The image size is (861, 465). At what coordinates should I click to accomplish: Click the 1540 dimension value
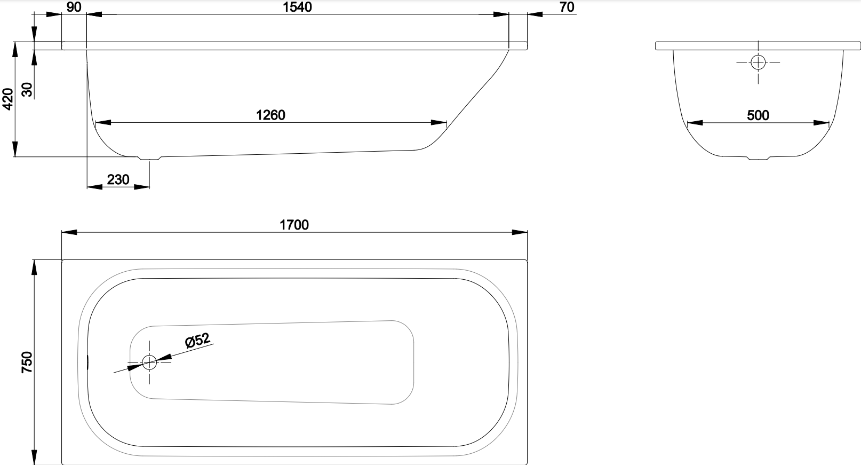[297, 7]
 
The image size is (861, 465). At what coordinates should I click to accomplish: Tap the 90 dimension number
[74, 7]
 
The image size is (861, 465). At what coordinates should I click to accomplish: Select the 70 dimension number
[567, 7]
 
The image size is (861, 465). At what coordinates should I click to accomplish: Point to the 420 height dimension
[7, 99]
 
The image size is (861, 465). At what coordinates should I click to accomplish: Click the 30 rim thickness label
[27, 90]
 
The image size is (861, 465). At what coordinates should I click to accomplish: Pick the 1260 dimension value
[270, 115]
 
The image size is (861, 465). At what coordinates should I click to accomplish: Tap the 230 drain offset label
[118, 179]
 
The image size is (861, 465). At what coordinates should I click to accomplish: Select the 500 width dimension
[758, 115]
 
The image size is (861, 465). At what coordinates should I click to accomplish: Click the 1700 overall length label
[294, 225]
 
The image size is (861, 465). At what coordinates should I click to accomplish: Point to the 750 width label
[27, 362]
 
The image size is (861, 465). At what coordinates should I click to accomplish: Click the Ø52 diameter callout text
[197, 340]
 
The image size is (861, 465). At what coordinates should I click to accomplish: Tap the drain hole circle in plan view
[149, 362]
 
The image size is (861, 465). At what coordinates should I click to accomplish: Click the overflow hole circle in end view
[758, 62]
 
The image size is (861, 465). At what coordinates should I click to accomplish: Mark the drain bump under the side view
[149, 157]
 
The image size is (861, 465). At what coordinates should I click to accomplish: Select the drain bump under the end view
[758, 157]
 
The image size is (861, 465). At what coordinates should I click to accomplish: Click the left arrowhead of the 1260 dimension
[103, 123]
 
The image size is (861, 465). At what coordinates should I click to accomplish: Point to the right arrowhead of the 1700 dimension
[520, 232]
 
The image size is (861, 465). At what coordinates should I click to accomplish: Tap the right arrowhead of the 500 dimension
[822, 123]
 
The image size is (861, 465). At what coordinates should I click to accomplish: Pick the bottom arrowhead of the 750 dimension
[34, 458]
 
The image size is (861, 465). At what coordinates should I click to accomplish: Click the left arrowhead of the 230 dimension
[95, 187]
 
